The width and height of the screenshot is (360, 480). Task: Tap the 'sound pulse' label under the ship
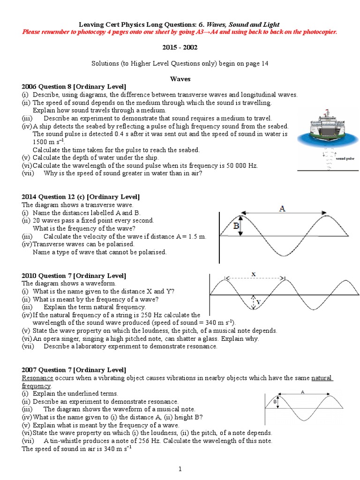point(345,159)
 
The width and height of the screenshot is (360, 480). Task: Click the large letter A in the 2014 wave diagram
point(282,209)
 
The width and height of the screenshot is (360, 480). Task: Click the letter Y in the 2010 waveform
point(258,302)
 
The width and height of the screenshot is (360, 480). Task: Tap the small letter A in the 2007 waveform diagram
point(302,391)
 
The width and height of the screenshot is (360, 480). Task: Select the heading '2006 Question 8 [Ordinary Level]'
point(74,87)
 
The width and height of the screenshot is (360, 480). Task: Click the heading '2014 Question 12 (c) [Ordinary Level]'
point(81,197)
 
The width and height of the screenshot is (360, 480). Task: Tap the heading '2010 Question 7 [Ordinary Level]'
point(74,276)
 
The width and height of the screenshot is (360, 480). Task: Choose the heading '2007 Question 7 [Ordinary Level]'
point(74,370)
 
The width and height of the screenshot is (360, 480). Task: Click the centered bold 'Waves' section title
point(180,79)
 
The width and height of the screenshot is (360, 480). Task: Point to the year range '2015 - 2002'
point(180,47)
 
